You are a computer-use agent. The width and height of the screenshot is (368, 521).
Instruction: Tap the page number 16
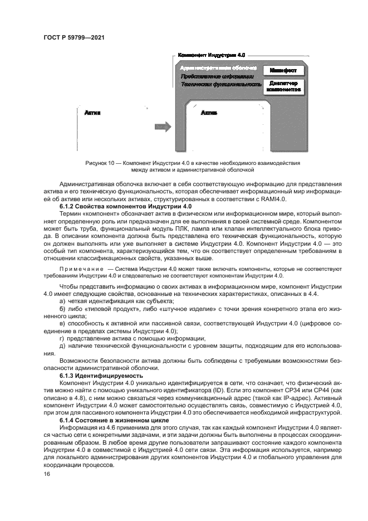pos(47,474)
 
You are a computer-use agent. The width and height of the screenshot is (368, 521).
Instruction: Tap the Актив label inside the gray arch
pos(208,113)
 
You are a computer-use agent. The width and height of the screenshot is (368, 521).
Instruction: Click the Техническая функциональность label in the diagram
pos(220,84)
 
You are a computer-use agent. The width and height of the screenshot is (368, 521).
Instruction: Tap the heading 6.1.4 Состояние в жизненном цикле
pos(111,419)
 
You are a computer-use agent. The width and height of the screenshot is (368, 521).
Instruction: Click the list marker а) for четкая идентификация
pos(62,301)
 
